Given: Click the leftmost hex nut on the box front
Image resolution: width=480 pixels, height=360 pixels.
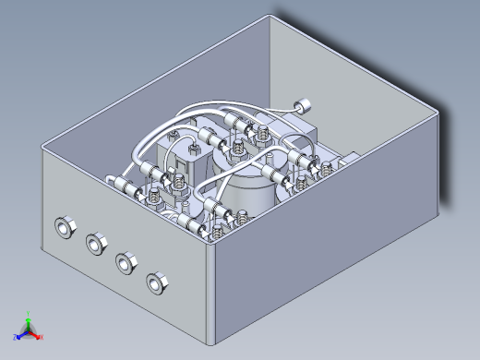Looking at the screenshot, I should [x=65, y=227].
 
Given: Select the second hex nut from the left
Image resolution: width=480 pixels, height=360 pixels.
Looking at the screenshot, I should [x=95, y=244].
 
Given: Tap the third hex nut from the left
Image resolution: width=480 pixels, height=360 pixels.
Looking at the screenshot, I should [x=125, y=262].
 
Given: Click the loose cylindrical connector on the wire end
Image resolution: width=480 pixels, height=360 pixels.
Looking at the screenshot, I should [x=301, y=105].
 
